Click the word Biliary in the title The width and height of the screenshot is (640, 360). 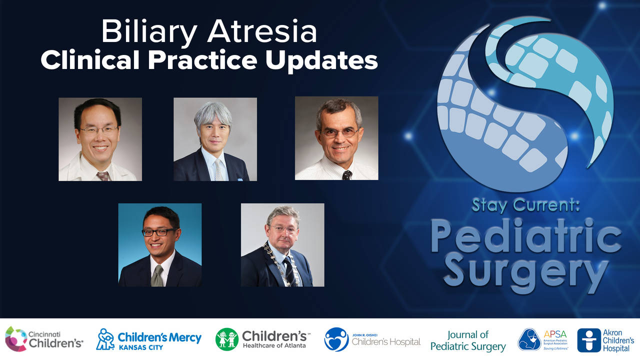pyautogui.click(x=149, y=32)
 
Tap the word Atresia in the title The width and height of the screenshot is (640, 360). pyautogui.click(x=262, y=31)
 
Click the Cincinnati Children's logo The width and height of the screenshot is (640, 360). pyautogui.click(x=44, y=339)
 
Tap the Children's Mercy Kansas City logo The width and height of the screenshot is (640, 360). pyautogui.click(x=149, y=339)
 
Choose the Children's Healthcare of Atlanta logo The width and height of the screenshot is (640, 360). pyautogui.click(x=262, y=339)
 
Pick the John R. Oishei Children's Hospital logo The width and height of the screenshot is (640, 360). pyautogui.click(x=372, y=339)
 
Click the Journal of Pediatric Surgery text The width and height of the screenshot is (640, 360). pyautogui.click(x=468, y=340)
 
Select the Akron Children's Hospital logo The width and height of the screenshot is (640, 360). pyautogui.click(x=605, y=340)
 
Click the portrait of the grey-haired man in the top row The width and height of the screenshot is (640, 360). pyautogui.click(x=215, y=139)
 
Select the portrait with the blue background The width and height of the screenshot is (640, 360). pyautogui.click(x=160, y=245)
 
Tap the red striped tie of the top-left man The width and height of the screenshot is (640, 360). pyautogui.click(x=103, y=175)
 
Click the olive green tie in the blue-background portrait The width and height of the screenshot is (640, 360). pyautogui.click(x=157, y=275)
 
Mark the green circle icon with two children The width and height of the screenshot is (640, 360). pyautogui.click(x=226, y=339)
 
